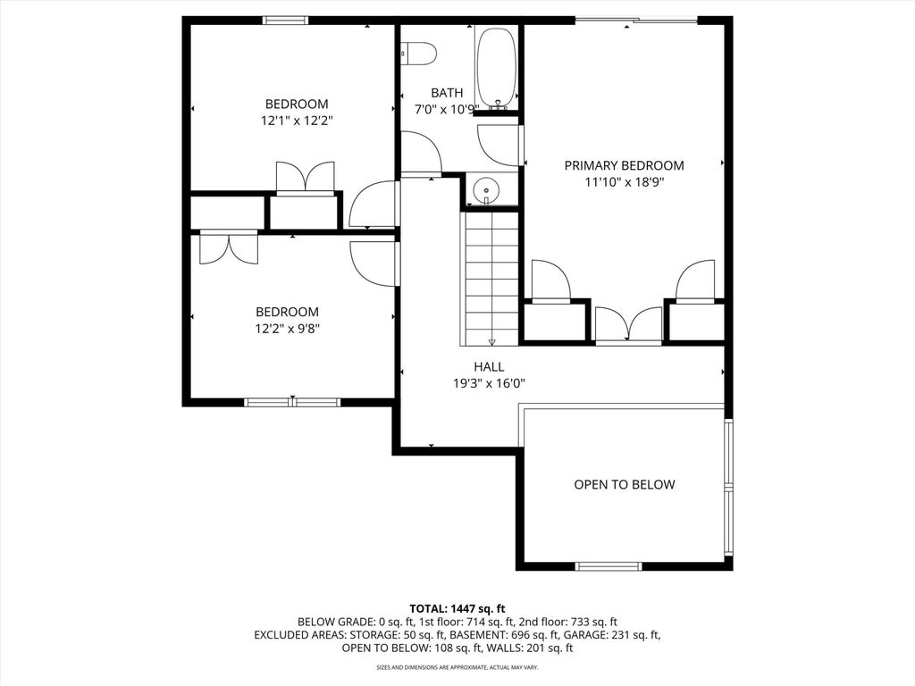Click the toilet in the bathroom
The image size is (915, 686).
pos(419,54)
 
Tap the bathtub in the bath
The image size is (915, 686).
pos(496,68)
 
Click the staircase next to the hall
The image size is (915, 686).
pos(490,279)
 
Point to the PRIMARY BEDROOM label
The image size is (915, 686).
pos(624,165)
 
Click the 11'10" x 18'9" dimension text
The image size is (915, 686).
pos(625,182)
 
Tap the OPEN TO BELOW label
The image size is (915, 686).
pos(625,485)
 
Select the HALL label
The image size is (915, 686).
pos(489,367)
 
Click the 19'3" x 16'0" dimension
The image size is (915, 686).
pos(489,384)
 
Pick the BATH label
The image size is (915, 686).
pos(447,93)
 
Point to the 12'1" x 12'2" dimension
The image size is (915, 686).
pos(297,121)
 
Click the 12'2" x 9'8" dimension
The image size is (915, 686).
pos(287,329)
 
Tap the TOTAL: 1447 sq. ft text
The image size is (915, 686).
pos(457,609)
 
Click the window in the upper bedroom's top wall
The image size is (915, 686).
pos(285,21)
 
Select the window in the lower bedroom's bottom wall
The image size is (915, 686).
pos(292,402)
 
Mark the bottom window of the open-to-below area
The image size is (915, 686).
pos(609,566)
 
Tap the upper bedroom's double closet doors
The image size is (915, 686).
pos(306,178)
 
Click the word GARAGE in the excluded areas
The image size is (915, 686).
pos(587,635)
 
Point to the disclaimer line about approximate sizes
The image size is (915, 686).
pos(457,667)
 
